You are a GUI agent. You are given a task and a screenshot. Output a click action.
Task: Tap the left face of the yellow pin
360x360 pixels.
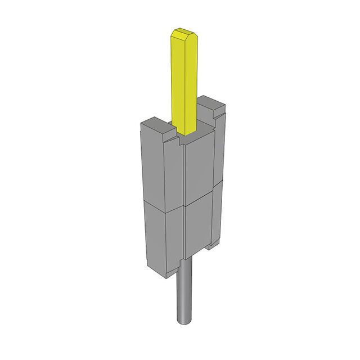(x=177, y=84)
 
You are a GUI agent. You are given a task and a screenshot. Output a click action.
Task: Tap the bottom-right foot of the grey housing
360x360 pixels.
(x=213, y=245)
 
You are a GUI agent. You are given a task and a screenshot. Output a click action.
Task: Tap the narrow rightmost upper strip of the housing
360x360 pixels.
(x=218, y=152)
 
